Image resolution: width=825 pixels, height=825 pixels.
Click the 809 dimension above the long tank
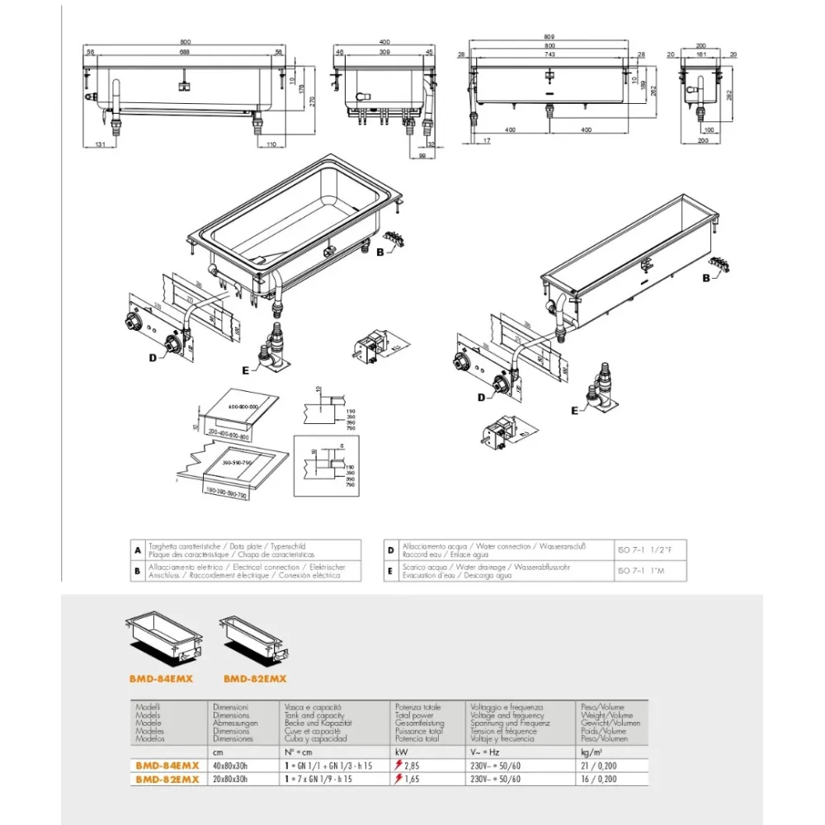tap(549, 37)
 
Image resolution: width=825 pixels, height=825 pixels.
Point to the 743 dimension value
tap(549, 53)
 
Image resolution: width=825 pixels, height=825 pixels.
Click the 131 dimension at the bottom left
tap(100, 144)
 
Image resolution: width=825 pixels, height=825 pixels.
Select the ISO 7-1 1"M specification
tap(643, 571)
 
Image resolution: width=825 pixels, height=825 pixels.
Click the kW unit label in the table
tap(401, 752)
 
